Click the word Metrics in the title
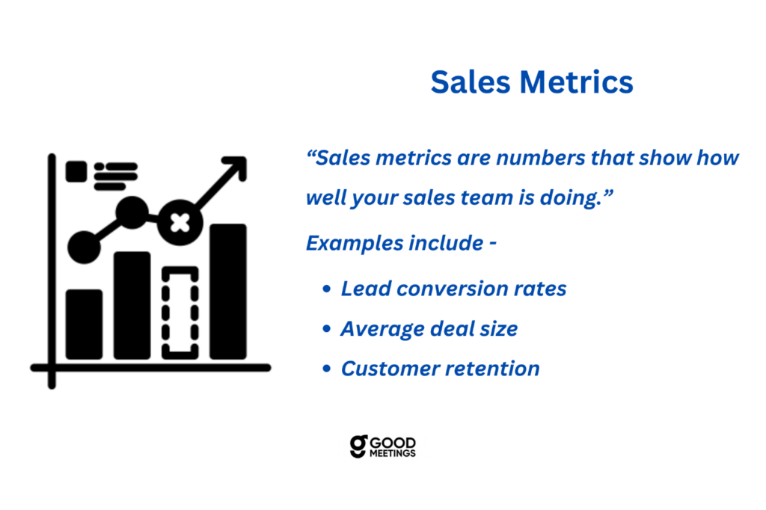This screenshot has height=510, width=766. (x=577, y=82)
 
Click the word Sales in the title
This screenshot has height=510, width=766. (x=470, y=82)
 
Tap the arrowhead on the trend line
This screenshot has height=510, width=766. (x=236, y=166)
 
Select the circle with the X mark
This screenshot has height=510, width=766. (x=180, y=223)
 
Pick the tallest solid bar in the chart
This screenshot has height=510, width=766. (x=228, y=292)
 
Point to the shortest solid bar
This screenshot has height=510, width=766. (x=84, y=325)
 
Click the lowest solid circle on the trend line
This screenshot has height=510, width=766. (x=84, y=248)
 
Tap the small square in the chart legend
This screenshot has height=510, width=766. (x=76, y=171)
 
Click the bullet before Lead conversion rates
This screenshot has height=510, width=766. (x=327, y=289)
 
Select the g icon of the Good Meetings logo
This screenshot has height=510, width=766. (x=358, y=446)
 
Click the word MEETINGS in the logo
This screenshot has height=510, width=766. (x=392, y=453)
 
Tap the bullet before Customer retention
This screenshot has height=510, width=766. (x=327, y=369)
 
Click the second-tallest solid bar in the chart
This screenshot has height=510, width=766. (x=132, y=305)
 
